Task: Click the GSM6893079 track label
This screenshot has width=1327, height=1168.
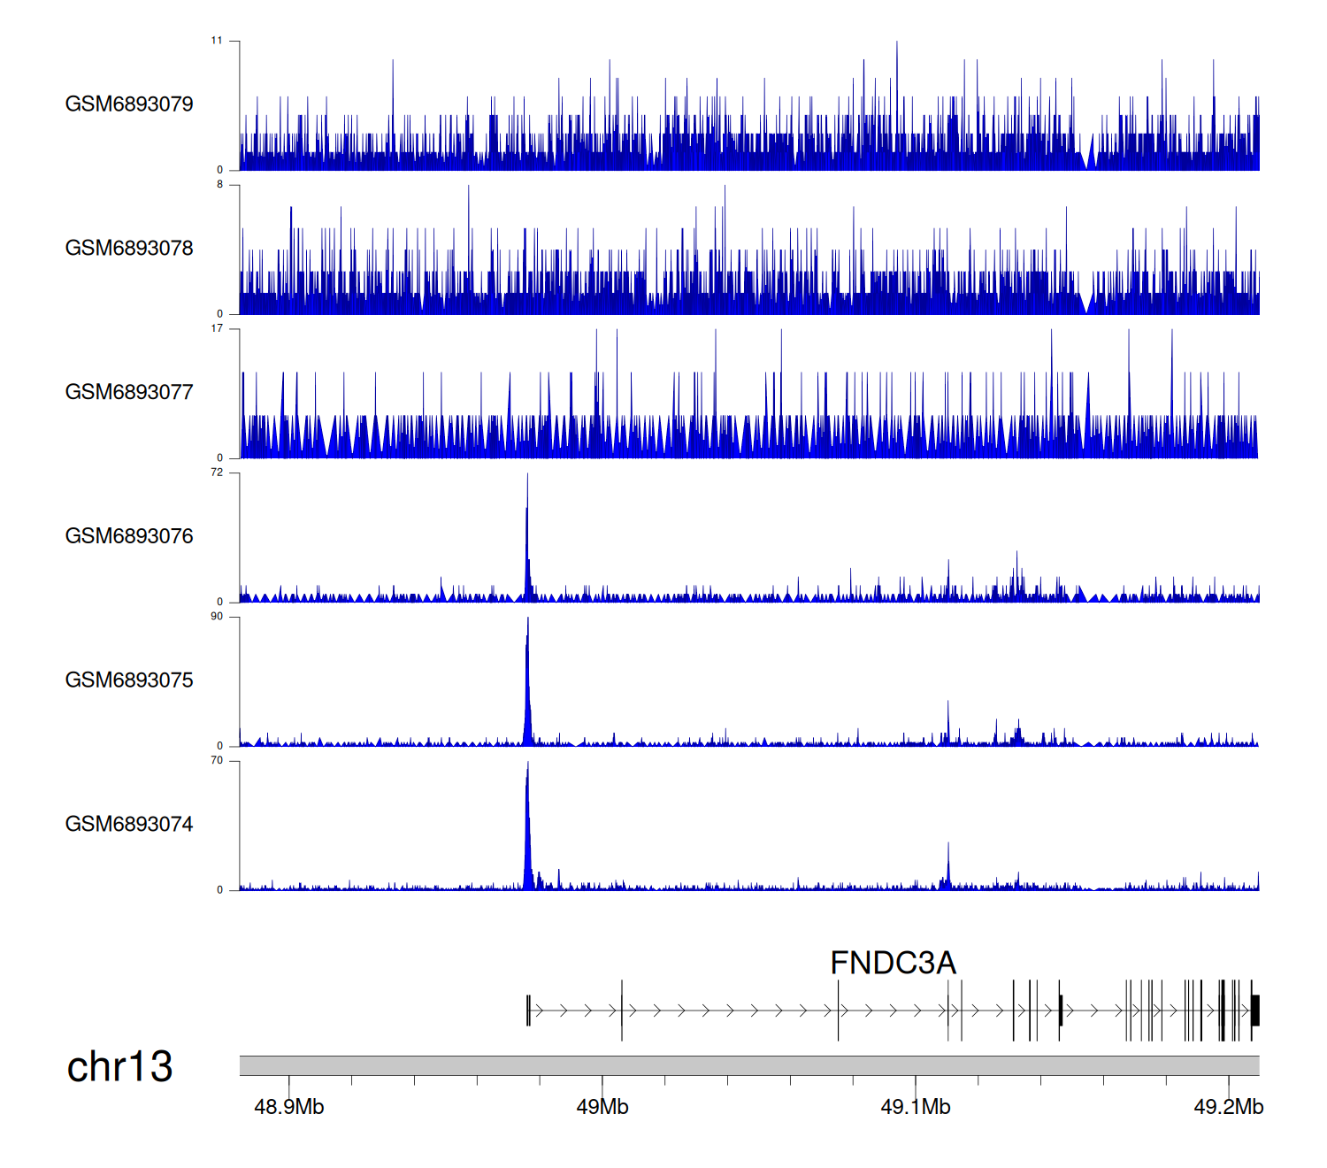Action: pyautogui.click(x=129, y=104)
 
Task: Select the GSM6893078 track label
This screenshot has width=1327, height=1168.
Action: pyautogui.click(x=129, y=249)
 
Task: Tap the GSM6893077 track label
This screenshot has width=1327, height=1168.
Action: pyautogui.click(x=129, y=392)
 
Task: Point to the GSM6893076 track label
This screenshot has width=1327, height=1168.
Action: pyautogui.click(x=129, y=536)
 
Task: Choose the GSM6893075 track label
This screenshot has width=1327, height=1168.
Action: pyautogui.click(x=129, y=680)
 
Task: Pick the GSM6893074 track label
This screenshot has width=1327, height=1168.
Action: pyautogui.click(x=129, y=825)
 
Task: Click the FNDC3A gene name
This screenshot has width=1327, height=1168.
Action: pyautogui.click(x=893, y=963)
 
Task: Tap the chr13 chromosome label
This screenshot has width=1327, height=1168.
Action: pyautogui.click(x=119, y=1067)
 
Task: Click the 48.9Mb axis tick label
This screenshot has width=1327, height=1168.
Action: pyautogui.click(x=289, y=1107)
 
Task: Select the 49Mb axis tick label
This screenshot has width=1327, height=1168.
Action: pyautogui.click(x=602, y=1107)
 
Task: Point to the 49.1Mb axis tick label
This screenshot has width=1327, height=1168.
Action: pyautogui.click(x=916, y=1107)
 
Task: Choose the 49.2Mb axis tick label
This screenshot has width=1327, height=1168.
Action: pyautogui.click(x=1229, y=1107)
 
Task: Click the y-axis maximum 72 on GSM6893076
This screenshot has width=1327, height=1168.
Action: pyautogui.click(x=217, y=473)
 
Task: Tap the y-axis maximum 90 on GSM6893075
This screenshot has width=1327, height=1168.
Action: pyautogui.click(x=217, y=617)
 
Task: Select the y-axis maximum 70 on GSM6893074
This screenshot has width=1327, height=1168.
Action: pyautogui.click(x=217, y=761)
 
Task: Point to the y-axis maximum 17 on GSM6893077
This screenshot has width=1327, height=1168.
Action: pyautogui.click(x=217, y=328)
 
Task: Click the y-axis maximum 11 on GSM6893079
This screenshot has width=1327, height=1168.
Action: pyautogui.click(x=217, y=41)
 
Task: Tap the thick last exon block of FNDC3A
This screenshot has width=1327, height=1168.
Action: pyautogui.click(x=1255, y=1010)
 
